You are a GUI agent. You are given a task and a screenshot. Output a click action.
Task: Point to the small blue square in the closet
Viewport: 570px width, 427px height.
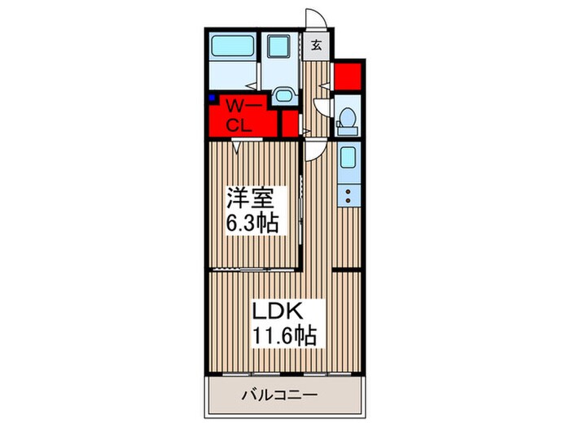(x=212, y=99)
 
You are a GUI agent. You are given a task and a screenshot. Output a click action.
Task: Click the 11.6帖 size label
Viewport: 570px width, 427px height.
(x=281, y=335)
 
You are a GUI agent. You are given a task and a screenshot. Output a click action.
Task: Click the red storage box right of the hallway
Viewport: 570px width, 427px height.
(x=347, y=76)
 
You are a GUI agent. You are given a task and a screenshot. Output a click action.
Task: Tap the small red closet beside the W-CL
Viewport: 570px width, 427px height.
(x=289, y=124)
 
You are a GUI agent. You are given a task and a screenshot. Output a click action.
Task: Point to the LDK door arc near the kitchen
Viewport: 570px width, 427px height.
(x=315, y=149)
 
